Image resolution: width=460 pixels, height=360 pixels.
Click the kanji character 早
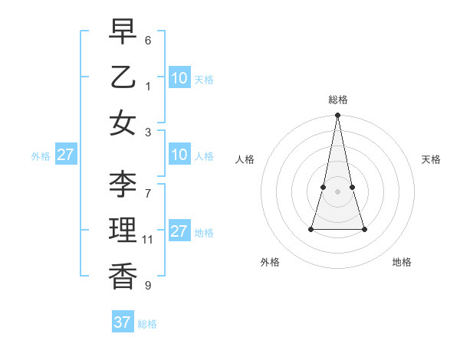point(123,32)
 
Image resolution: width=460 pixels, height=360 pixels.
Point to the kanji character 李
point(123,183)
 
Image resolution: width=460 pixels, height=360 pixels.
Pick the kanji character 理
point(123,229)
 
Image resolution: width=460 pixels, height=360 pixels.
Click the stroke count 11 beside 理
point(148,240)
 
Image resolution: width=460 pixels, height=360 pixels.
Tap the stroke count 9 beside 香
point(148,286)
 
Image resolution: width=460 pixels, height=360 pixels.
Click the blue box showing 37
point(123,322)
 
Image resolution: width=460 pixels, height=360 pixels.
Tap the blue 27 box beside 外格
point(65,155)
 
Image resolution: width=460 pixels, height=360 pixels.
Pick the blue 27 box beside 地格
point(179,232)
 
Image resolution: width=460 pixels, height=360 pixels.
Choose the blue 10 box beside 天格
point(179,78)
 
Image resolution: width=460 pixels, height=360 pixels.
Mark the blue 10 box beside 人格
point(179,155)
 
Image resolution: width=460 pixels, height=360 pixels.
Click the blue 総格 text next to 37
point(147,324)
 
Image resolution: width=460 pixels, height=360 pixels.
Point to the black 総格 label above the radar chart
point(337,100)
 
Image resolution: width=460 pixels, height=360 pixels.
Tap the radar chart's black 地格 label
point(402,263)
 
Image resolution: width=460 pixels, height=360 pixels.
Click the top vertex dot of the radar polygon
point(337,116)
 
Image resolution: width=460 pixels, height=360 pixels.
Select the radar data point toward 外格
point(311,229)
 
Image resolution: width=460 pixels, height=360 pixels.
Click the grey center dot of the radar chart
point(337,191)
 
